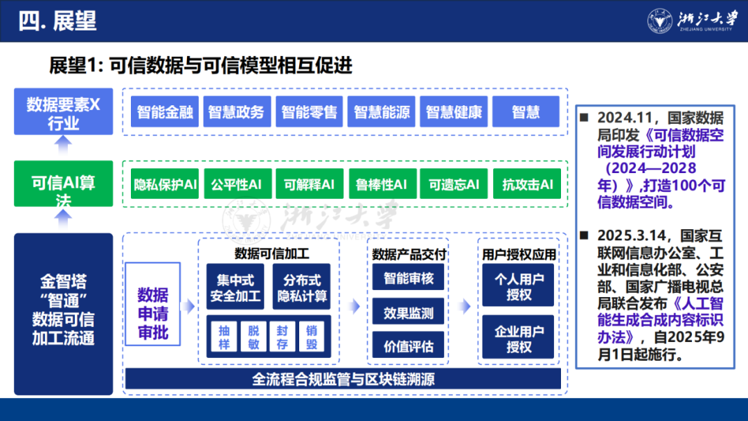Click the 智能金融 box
pyautogui.click(x=165, y=111)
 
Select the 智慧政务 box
pyautogui.click(x=236, y=111)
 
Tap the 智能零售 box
pyautogui.click(x=309, y=111)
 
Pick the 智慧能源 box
pyautogui.click(x=381, y=111)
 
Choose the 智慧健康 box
pyautogui.click(x=454, y=111)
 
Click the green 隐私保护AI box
pyautogui.click(x=166, y=184)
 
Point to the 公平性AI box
pyautogui.click(x=236, y=184)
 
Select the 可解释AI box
pyautogui.click(x=309, y=184)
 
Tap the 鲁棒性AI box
pyautogui.click(x=382, y=184)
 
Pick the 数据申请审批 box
pyautogui.click(x=152, y=314)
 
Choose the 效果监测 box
pyautogui.click(x=409, y=312)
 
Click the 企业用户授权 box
pyautogui.click(x=519, y=338)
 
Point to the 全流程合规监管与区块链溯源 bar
pyautogui.click(x=343, y=379)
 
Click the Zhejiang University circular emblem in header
pyautogui.click(x=659, y=21)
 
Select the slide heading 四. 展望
pyautogui.click(x=57, y=21)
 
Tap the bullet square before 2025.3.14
pyautogui.click(x=585, y=235)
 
